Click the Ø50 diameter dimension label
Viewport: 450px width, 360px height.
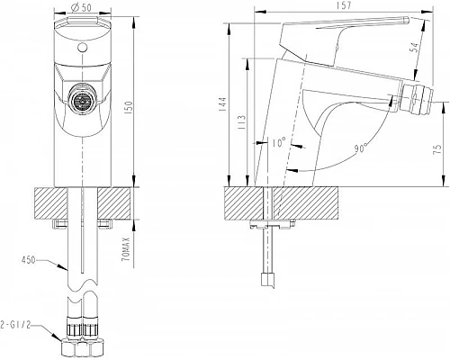(81, 7)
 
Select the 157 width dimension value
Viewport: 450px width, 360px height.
(344, 5)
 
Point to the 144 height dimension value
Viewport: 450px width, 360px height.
(222, 104)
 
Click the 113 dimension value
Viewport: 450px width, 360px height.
(242, 121)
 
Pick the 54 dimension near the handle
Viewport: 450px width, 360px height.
(414, 47)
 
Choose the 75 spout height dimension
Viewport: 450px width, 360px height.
(438, 148)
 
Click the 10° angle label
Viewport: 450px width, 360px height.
(279, 143)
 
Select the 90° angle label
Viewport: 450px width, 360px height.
(361, 148)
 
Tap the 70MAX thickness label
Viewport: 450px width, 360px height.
(127, 248)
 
